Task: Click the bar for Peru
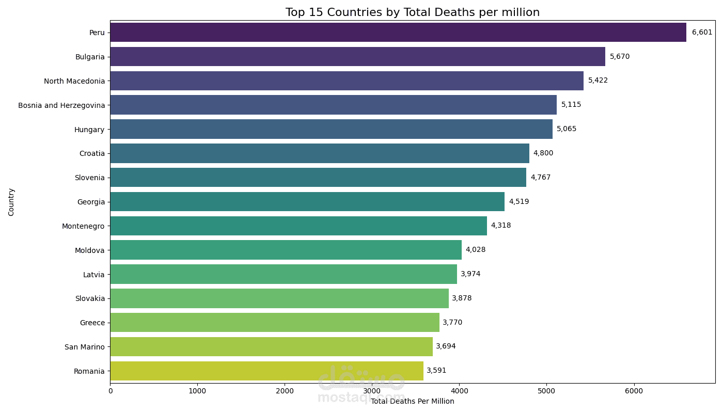pyautogui.click(x=398, y=32)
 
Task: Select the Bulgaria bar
pyautogui.click(x=357, y=56)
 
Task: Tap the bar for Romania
pyautogui.click(x=266, y=371)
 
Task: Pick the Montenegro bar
pyautogui.click(x=298, y=226)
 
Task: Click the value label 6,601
pyautogui.click(x=702, y=32)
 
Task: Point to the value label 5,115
pyautogui.click(x=571, y=104)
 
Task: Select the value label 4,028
pyautogui.click(x=475, y=250)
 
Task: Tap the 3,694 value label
pyautogui.click(x=446, y=346)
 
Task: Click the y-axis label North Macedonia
pyautogui.click(x=74, y=81)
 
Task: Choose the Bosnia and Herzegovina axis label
pyautogui.click(x=61, y=105)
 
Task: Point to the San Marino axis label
pyautogui.click(x=85, y=347)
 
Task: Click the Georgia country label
pyautogui.click(x=91, y=202)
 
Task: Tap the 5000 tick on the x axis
pyautogui.click(x=546, y=391)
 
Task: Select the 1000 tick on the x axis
pyautogui.click(x=197, y=391)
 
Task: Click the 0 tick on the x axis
pyautogui.click(x=110, y=391)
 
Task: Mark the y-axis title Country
pyautogui.click(x=11, y=202)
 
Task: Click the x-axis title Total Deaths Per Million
pyautogui.click(x=413, y=402)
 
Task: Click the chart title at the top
pyautogui.click(x=412, y=12)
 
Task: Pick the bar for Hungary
pyautogui.click(x=331, y=129)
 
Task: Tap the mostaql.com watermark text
pyautogui.click(x=361, y=398)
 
